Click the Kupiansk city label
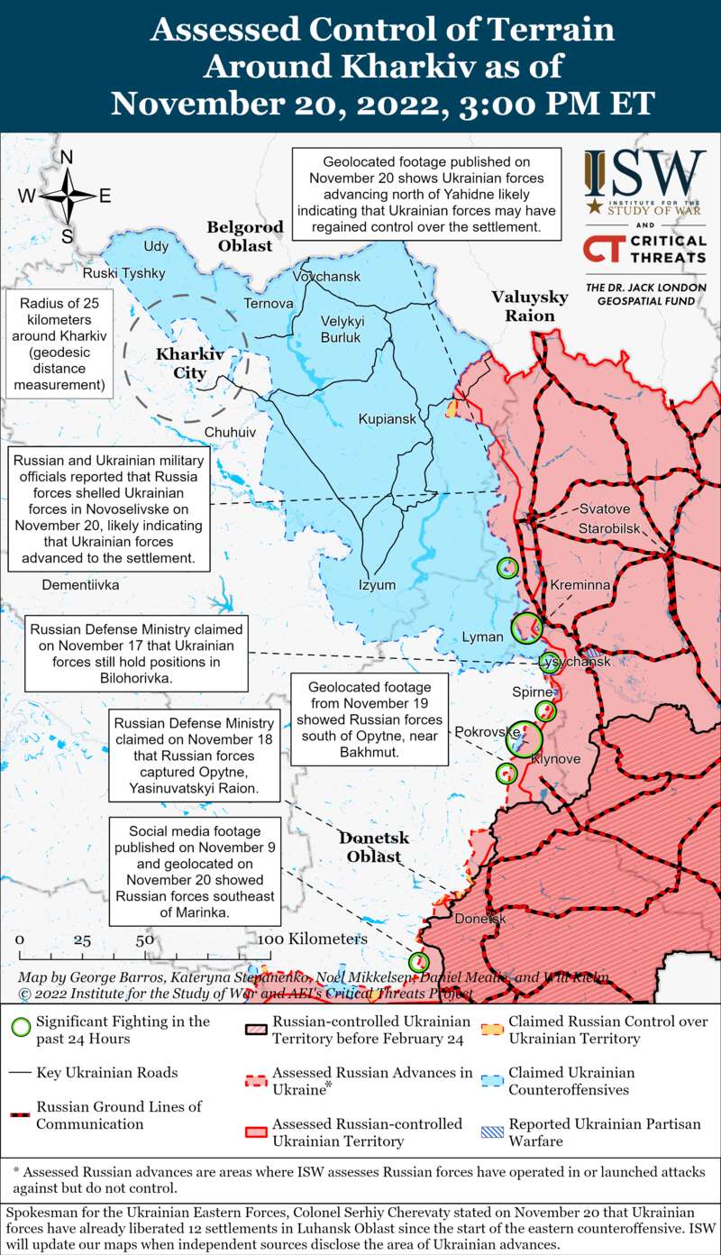point(387,420)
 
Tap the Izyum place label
point(377,584)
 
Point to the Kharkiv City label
point(186,362)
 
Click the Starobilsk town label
point(609,527)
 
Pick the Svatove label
point(605,508)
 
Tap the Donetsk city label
point(480,919)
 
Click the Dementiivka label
point(80,584)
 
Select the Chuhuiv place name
point(230,433)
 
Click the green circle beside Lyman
point(525,627)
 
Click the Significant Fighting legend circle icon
point(21,1028)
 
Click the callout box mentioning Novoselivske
point(108,508)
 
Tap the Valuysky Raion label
point(529,307)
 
